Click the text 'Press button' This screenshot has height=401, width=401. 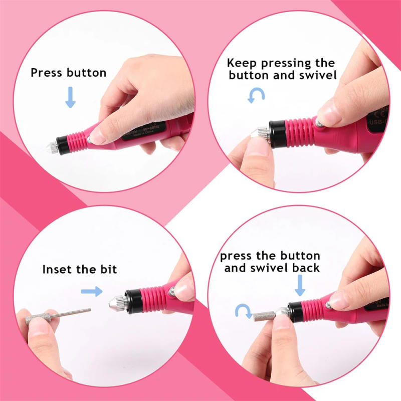(x=69, y=73)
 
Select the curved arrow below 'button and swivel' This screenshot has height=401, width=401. (x=256, y=95)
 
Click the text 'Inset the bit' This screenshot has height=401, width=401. (x=79, y=269)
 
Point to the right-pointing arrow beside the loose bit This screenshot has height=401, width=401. (x=92, y=291)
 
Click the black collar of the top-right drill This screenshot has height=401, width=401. (x=278, y=134)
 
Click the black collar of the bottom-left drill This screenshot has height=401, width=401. (x=132, y=301)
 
